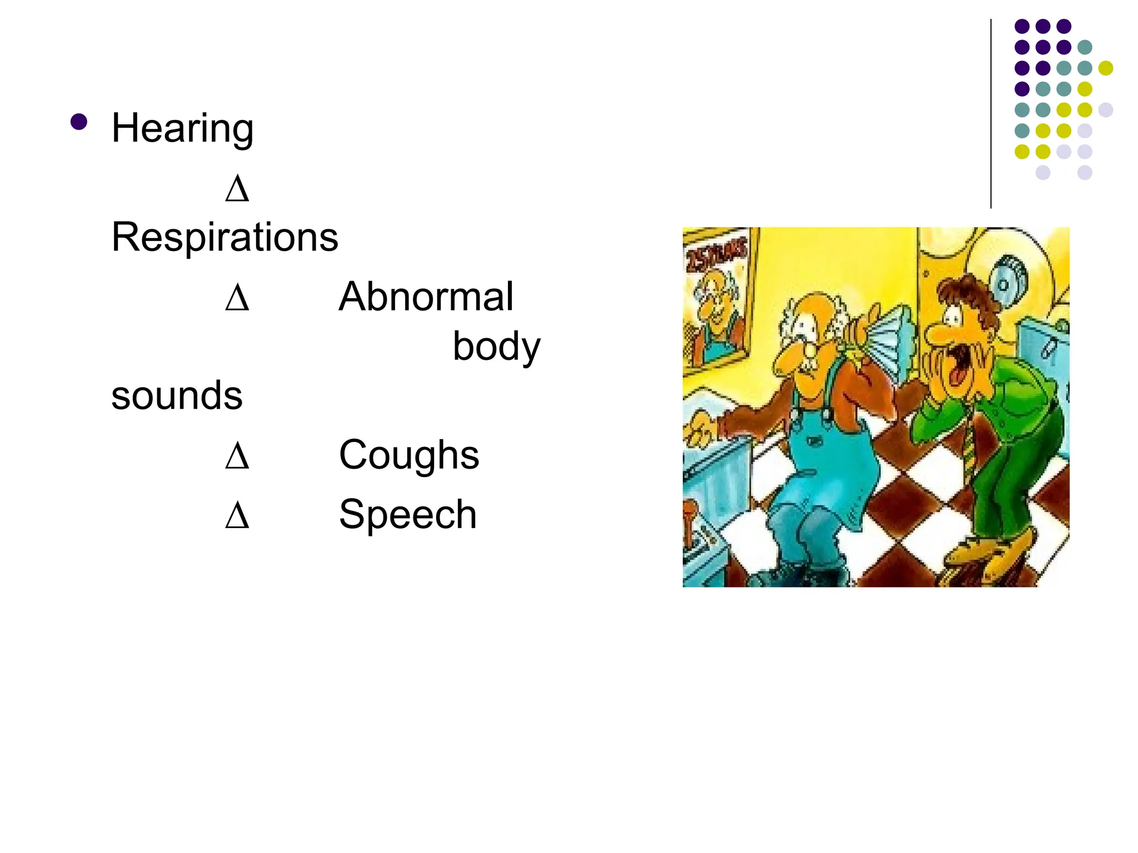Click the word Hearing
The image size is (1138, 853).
pyautogui.click(x=182, y=128)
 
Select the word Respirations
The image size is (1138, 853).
pyautogui.click(x=224, y=237)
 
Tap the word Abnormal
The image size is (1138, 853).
pyautogui.click(x=426, y=297)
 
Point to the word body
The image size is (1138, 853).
pyautogui.click(x=496, y=347)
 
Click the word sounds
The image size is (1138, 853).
pyautogui.click(x=177, y=395)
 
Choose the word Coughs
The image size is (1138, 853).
pyautogui.click(x=409, y=455)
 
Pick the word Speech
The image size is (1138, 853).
pyautogui.click(x=408, y=514)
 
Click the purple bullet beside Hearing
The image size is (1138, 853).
pyautogui.click(x=79, y=122)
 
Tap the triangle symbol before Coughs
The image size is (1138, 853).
pyautogui.click(x=237, y=456)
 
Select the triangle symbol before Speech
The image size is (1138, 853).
pyautogui.click(x=237, y=515)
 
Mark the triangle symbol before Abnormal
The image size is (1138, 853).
pyautogui.click(x=237, y=298)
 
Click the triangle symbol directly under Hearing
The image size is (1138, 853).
pyautogui.click(x=237, y=189)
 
